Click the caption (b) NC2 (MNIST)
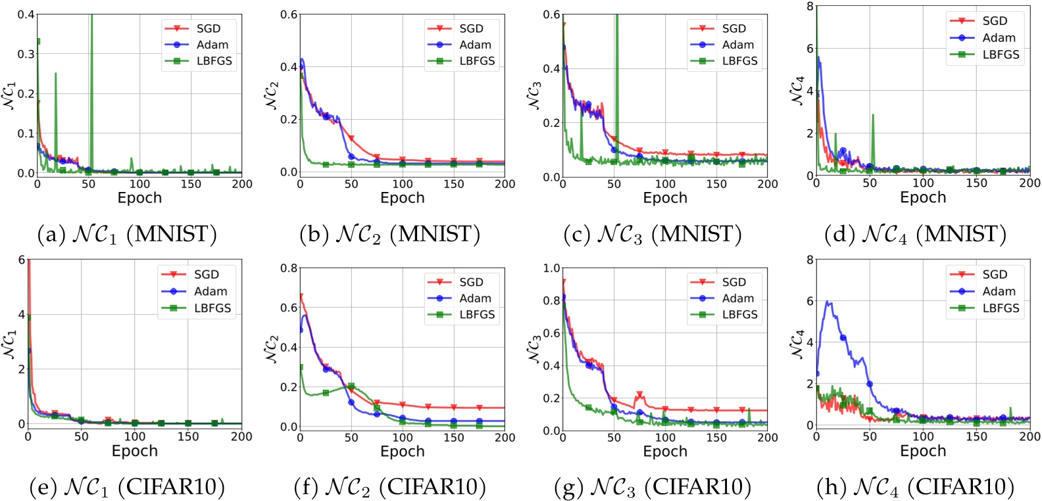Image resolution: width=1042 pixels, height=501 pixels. click(x=389, y=234)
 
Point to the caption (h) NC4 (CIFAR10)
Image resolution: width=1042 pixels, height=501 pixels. click(x=915, y=487)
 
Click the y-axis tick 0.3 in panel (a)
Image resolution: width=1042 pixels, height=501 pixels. click(x=26, y=54)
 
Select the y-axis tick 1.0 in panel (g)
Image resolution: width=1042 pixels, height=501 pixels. click(x=551, y=268)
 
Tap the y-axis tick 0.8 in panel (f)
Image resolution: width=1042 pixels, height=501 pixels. click(x=289, y=268)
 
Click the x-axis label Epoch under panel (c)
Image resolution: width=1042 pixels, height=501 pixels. click(x=665, y=198)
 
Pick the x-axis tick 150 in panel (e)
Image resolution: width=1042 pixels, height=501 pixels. click(x=188, y=436)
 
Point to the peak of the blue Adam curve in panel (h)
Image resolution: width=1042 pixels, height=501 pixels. click(x=828, y=302)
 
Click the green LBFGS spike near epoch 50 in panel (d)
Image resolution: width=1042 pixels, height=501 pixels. click(x=873, y=116)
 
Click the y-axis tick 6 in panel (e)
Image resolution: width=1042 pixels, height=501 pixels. click(x=22, y=260)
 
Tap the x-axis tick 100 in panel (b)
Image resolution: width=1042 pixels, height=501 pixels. click(x=403, y=184)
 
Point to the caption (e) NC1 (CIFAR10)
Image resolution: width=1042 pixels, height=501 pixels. click(x=128, y=487)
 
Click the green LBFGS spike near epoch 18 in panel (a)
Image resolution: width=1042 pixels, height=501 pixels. click(x=55, y=74)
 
